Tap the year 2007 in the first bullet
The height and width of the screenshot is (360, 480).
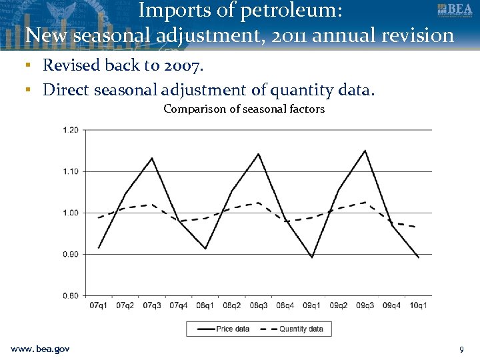point(185,65)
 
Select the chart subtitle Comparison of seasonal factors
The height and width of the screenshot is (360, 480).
point(244,109)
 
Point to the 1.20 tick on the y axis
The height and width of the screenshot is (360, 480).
point(70,130)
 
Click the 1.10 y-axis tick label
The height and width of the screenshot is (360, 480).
point(70,171)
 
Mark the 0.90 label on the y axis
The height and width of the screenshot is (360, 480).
point(70,254)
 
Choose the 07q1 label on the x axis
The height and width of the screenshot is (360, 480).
point(99,305)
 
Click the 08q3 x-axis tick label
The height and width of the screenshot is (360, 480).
point(259,305)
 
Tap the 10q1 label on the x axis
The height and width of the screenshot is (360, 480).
point(419,305)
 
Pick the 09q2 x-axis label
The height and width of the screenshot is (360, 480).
point(339,305)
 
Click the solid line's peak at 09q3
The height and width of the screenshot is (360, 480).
point(365,150)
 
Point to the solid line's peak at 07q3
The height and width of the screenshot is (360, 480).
point(152,158)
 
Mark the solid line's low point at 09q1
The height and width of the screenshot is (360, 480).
point(312,257)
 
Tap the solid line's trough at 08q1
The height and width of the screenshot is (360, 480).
point(205,249)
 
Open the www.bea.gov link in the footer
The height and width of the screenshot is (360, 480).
point(40,349)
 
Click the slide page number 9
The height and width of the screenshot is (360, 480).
point(461,349)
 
